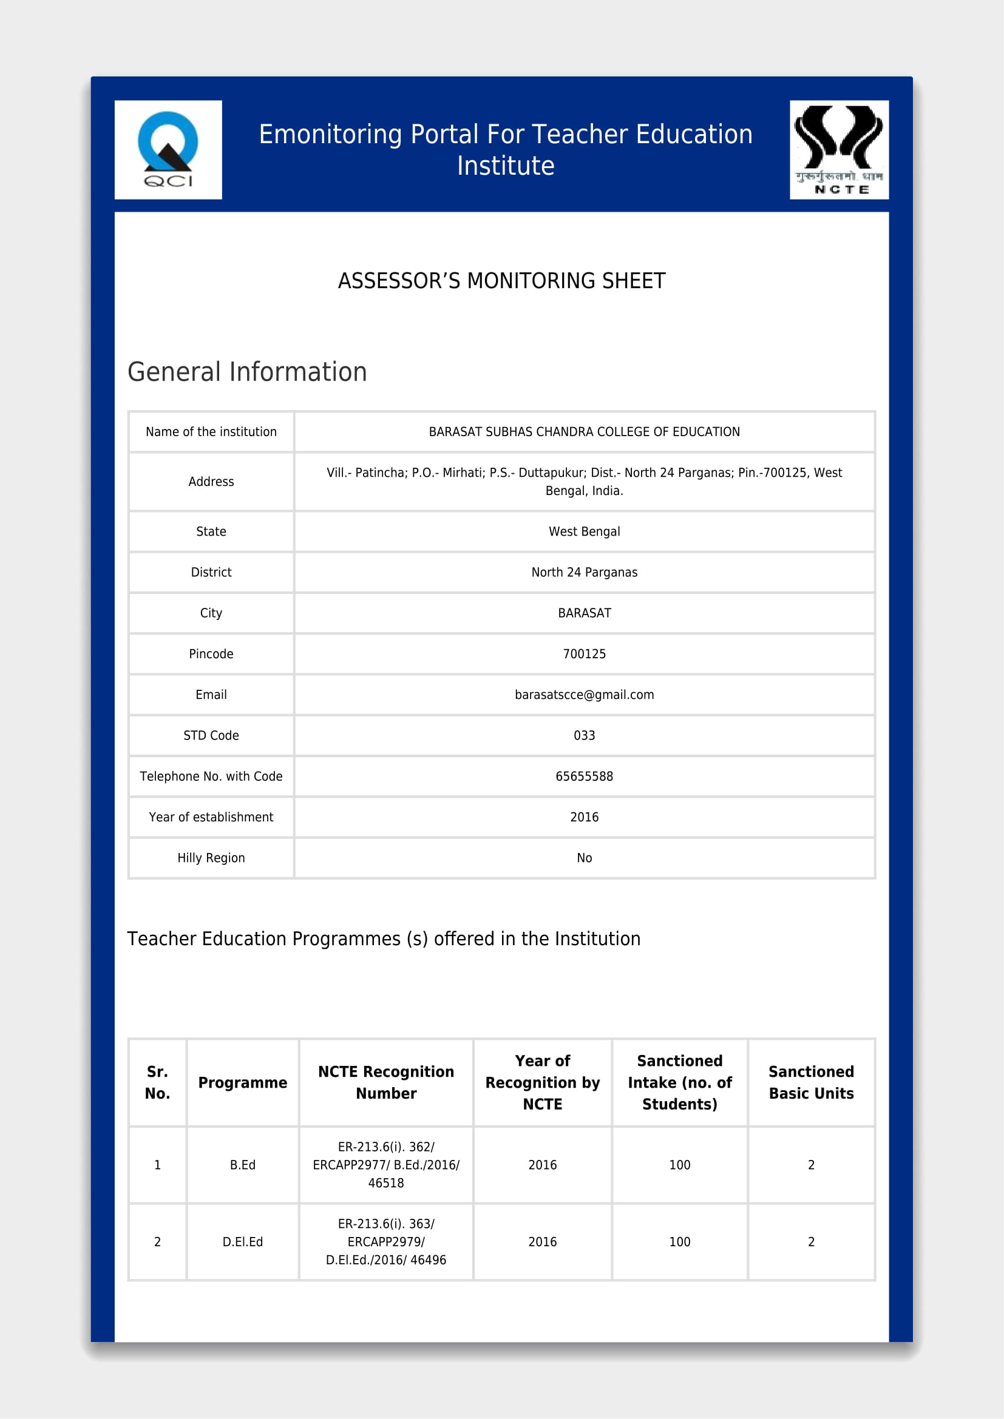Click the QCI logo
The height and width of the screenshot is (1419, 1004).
coord(168,150)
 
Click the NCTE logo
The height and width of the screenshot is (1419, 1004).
coord(839,150)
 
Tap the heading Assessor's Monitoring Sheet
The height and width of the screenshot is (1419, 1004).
coord(501,281)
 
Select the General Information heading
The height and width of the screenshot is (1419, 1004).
coord(247,372)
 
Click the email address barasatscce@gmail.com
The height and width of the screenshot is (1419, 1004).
coord(584,695)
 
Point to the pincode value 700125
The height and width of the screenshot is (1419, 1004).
coord(584,654)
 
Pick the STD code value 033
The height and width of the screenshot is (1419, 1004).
coord(584,735)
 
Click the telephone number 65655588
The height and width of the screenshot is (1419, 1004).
coord(584,777)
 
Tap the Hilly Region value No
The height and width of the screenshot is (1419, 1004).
coord(584,858)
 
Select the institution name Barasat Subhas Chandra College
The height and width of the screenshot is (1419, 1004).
coord(584,432)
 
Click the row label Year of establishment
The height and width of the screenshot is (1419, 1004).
coord(211,817)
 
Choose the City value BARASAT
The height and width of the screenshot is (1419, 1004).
coord(584,613)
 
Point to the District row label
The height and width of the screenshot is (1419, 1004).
coord(211,572)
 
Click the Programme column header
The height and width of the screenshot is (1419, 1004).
coord(242,1083)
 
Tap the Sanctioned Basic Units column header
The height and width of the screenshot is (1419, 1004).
coord(811,1083)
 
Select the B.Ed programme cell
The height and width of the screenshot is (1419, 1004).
coord(242,1165)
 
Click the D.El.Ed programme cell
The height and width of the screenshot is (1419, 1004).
coord(242,1242)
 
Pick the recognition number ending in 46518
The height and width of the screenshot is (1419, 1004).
coord(386,1165)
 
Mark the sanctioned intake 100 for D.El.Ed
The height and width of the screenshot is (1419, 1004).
coord(679,1242)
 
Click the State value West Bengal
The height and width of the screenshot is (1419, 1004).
coord(584,531)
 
